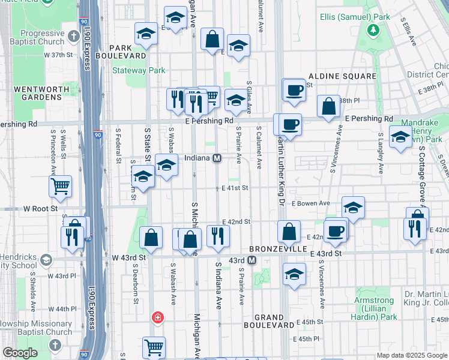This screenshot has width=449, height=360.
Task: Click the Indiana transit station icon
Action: click(218, 158)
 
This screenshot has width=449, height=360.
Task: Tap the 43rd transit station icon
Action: click(252, 260)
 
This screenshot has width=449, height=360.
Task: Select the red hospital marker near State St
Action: click(158, 317)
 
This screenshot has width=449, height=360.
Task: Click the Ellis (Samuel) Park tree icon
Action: click(374, 29)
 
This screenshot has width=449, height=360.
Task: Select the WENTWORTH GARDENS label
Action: click(37, 93)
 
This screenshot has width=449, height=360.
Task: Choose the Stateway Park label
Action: click(139, 70)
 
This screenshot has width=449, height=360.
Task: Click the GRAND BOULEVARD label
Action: click(268, 321)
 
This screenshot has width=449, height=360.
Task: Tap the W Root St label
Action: click(40, 209)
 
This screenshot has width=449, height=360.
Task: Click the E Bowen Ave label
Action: click(310, 203)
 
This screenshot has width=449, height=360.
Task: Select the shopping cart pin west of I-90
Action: click(60, 187)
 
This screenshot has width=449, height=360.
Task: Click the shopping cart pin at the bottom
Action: click(154, 347)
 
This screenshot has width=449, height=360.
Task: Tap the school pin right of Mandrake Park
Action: click(400, 137)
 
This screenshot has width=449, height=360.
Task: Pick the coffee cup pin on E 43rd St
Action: click(335, 230)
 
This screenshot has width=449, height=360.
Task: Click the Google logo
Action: click(20, 353)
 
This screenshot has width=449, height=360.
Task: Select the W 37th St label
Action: click(58, 55)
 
